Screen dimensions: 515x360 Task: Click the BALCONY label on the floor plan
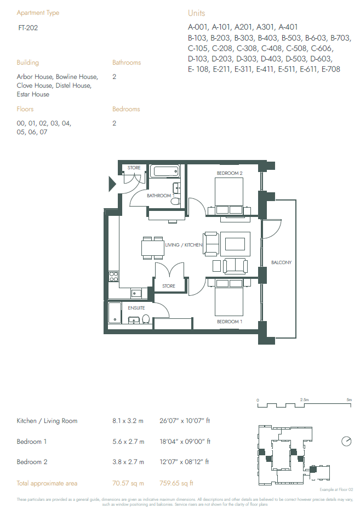(x=281, y=262)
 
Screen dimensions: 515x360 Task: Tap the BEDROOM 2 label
(x=229, y=173)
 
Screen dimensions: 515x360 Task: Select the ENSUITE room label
(x=136, y=308)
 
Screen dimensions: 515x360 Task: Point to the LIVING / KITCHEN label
(x=184, y=245)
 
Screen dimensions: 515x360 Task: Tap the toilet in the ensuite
(x=146, y=319)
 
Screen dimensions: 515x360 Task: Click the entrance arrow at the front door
(x=112, y=184)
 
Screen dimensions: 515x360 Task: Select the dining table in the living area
(x=152, y=248)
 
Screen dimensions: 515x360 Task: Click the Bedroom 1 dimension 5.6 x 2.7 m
(x=128, y=442)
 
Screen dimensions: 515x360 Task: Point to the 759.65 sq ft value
(x=176, y=483)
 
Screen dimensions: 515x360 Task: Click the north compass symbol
(x=346, y=441)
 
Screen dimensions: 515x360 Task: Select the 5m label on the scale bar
(x=349, y=400)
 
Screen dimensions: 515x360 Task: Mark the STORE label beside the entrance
(x=134, y=168)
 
